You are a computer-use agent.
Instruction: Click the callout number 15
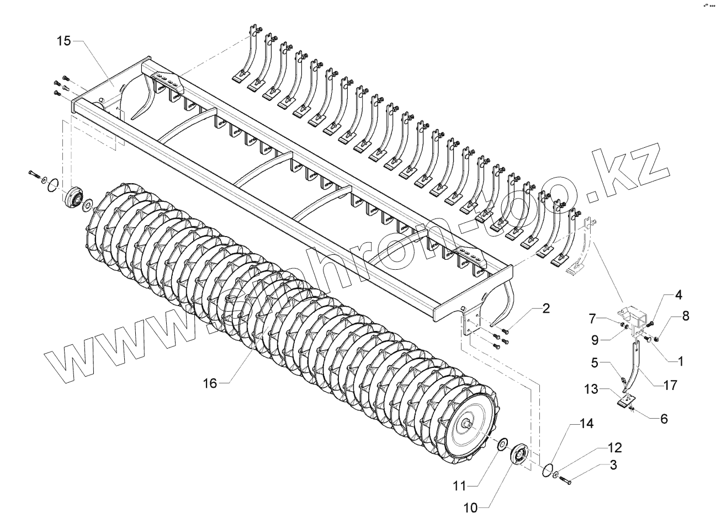pyautogui.click(x=64, y=41)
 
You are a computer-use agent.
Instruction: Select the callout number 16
pyautogui.click(x=210, y=383)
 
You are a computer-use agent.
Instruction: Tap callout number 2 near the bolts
pyautogui.click(x=545, y=308)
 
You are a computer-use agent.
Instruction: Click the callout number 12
pyautogui.click(x=615, y=447)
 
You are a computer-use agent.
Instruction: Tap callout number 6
pyautogui.click(x=663, y=419)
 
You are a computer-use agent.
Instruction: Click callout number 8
pyautogui.click(x=685, y=316)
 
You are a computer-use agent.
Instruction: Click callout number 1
pyautogui.click(x=679, y=361)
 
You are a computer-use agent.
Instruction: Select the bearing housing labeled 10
pyautogui.click(x=518, y=456)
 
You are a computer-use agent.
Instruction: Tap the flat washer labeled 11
pyautogui.click(x=502, y=444)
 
